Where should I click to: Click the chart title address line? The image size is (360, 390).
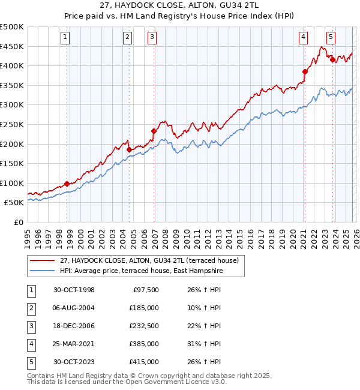tap(180, 5)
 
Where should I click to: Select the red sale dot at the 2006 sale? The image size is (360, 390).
tap(154, 131)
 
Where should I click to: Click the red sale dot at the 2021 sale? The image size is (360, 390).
tap(305, 71)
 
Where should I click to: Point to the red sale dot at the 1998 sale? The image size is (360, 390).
tap(67, 184)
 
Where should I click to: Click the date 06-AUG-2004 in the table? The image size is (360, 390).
tap(74, 308)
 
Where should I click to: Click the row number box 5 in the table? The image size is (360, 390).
tap(31, 362)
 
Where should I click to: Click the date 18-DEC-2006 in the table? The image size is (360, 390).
tap(74, 326)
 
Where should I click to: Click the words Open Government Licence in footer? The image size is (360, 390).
tap(164, 382)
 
